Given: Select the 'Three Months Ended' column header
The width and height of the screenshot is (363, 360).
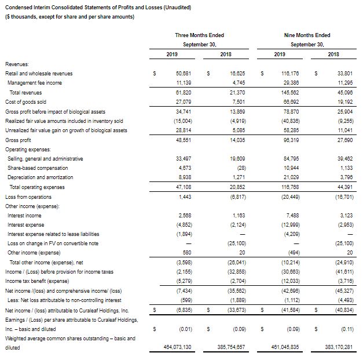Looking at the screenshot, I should [x=199, y=35].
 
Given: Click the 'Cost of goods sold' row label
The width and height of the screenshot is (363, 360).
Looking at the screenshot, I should [x=25, y=101].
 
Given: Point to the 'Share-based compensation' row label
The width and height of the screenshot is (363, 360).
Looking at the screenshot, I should [x=37, y=168].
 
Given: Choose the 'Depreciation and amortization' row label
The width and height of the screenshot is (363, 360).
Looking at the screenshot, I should [x=40, y=177].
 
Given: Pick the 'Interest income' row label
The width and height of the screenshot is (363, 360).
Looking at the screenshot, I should [x=24, y=214].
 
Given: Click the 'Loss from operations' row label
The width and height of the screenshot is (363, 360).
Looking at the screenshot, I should [x=28, y=196].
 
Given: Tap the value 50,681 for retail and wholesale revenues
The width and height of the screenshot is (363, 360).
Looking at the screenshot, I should [x=184, y=74].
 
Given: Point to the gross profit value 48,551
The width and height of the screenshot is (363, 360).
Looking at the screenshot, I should [x=184, y=139].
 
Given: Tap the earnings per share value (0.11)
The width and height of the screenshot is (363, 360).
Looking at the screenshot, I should [x=348, y=329].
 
